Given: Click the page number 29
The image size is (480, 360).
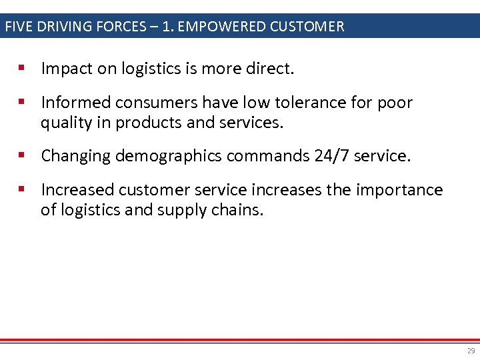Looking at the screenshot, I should point(471,351).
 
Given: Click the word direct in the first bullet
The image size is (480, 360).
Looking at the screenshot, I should point(271,68).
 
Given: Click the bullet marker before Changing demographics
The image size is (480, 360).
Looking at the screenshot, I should point(22,155).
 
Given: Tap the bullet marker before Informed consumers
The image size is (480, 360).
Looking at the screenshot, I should point(22,102).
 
